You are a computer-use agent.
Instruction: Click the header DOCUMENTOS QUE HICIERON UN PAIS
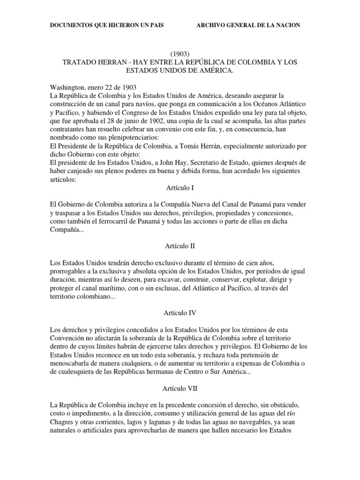(x=109, y=25)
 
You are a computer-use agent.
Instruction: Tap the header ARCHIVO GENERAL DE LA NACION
(x=248, y=25)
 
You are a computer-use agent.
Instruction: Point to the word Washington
(x=67, y=88)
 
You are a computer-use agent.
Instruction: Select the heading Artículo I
(x=180, y=187)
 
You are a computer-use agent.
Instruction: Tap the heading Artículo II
(x=180, y=246)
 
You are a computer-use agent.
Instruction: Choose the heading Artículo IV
(x=180, y=314)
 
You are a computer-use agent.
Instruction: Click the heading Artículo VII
(x=180, y=390)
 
